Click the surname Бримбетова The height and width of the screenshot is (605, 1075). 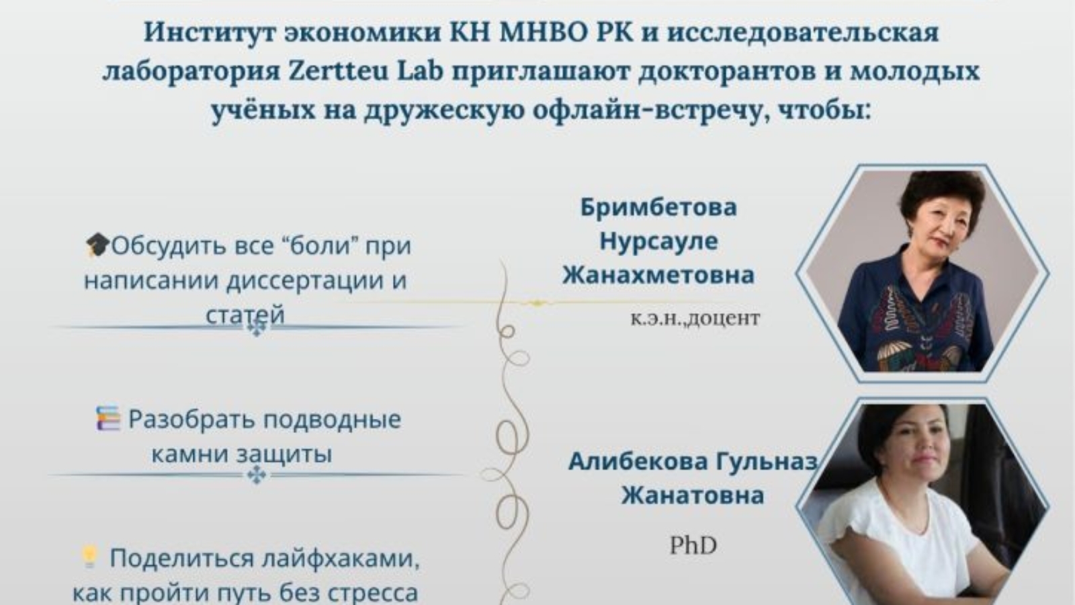(658, 206)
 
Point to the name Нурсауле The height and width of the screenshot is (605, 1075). (658, 241)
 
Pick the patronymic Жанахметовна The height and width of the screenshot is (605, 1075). (658, 274)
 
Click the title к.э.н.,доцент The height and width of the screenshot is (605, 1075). (695, 317)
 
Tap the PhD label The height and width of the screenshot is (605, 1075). (693, 545)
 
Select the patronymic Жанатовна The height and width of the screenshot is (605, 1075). (693, 495)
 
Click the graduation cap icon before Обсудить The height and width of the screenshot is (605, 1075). (97, 245)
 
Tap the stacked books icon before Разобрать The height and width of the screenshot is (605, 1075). (107, 419)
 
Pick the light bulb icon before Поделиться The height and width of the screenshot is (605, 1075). (89, 557)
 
